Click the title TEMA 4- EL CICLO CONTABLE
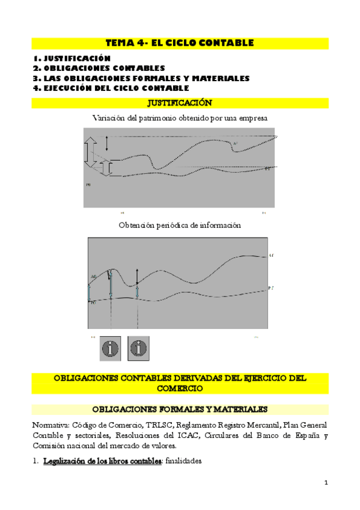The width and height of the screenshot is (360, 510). pyautogui.click(x=180, y=43)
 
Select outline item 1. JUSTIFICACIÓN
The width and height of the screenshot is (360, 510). pyautogui.click(x=72, y=58)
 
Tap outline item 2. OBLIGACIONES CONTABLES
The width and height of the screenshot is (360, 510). pyautogui.click(x=99, y=68)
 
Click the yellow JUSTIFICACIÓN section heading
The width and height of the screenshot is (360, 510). pyautogui.click(x=180, y=103)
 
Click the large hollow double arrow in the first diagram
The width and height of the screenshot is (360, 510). pyautogui.click(x=90, y=152)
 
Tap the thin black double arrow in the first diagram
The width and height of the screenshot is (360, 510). pyautogui.click(x=107, y=143)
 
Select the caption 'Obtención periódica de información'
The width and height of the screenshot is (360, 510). pyautogui.click(x=180, y=225)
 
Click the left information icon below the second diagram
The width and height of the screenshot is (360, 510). pyautogui.click(x=110, y=348)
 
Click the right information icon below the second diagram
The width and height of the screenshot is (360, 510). pyautogui.click(x=139, y=348)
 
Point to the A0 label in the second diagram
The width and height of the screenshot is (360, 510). pyautogui.click(x=93, y=276)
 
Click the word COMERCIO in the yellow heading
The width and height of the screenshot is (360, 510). pyautogui.click(x=180, y=389)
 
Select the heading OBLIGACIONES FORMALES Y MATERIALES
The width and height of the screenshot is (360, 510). pyautogui.click(x=180, y=410)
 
